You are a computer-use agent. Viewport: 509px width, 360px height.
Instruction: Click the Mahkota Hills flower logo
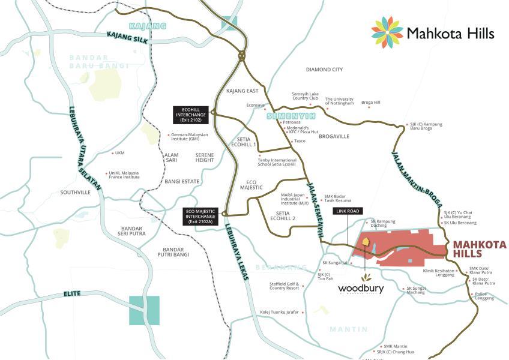point(387,32)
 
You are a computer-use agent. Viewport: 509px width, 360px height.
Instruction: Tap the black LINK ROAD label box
point(348,211)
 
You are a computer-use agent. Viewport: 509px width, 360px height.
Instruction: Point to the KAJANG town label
point(147,26)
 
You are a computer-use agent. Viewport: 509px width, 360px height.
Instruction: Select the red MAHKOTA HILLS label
point(479,249)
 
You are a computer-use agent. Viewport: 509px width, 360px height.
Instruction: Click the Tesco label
point(300,141)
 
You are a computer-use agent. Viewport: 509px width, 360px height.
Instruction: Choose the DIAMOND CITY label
point(324,70)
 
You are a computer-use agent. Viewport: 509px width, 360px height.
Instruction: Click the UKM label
point(119,152)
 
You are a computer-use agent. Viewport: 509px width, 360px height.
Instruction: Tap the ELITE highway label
point(71,295)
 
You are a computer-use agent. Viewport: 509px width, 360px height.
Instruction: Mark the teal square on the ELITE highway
point(145,310)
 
